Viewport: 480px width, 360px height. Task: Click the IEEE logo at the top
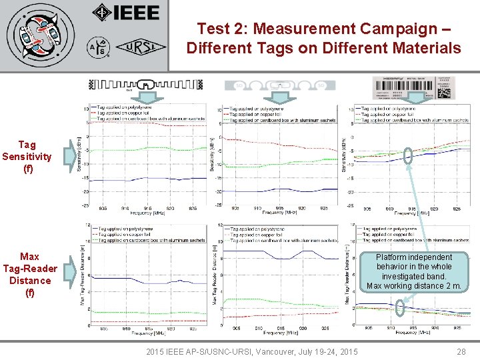click(x=127, y=13)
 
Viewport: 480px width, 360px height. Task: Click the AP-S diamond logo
click(x=99, y=48)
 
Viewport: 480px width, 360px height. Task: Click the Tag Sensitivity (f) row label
click(x=27, y=157)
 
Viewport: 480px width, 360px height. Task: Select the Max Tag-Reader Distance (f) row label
click(x=29, y=274)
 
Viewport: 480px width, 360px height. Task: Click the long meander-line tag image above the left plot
click(x=145, y=85)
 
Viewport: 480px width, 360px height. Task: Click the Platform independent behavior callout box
click(x=413, y=271)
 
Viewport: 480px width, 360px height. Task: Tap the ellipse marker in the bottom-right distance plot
click(x=400, y=308)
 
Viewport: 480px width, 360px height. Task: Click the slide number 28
click(x=461, y=351)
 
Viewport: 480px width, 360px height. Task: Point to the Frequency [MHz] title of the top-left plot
click(x=148, y=213)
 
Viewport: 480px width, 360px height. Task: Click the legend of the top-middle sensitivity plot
click(x=273, y=113)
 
